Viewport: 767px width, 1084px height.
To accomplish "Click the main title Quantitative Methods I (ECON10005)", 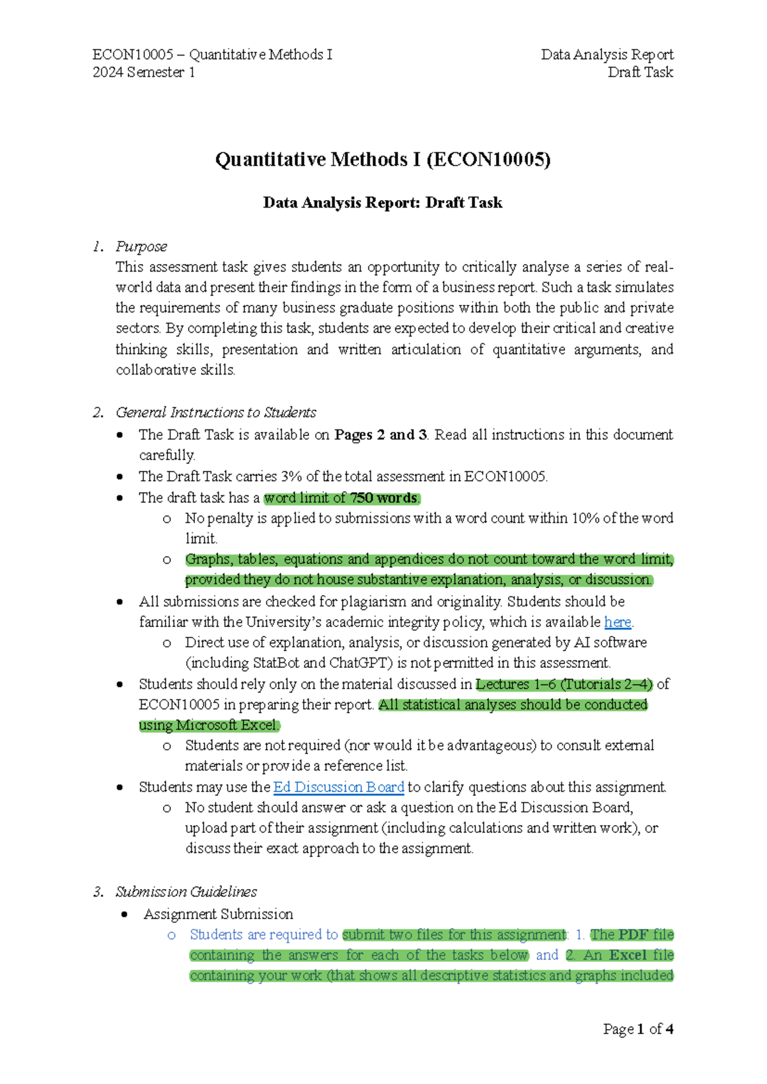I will coord(382,159).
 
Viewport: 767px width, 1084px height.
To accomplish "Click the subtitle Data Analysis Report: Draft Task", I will coord(382,203).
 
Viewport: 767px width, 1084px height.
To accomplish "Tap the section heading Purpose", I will coord(141,246).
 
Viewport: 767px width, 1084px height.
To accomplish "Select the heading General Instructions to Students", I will coord(215,412).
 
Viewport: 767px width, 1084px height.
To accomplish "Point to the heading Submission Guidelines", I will coord(186,892).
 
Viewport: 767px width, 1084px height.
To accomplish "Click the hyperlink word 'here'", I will coord(617,622).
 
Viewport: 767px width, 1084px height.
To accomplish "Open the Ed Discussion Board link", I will coord(339,787).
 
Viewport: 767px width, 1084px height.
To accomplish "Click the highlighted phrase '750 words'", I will coord(383,498).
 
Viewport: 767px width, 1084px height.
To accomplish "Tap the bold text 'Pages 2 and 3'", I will coord(381,435).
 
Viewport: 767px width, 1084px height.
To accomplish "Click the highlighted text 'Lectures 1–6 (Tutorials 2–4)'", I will coord(564,685).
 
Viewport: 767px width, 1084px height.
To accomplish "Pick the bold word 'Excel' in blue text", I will coord(628,955).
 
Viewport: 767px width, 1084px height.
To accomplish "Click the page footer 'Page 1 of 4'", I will coord(638,1029).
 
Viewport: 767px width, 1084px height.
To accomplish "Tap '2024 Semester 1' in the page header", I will coord(144,72).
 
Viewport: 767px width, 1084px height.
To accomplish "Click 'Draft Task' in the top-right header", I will coord(640,72).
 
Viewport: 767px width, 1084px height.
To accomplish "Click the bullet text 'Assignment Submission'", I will coord(219,914).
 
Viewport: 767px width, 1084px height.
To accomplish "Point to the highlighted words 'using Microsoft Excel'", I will coord(208,725).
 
